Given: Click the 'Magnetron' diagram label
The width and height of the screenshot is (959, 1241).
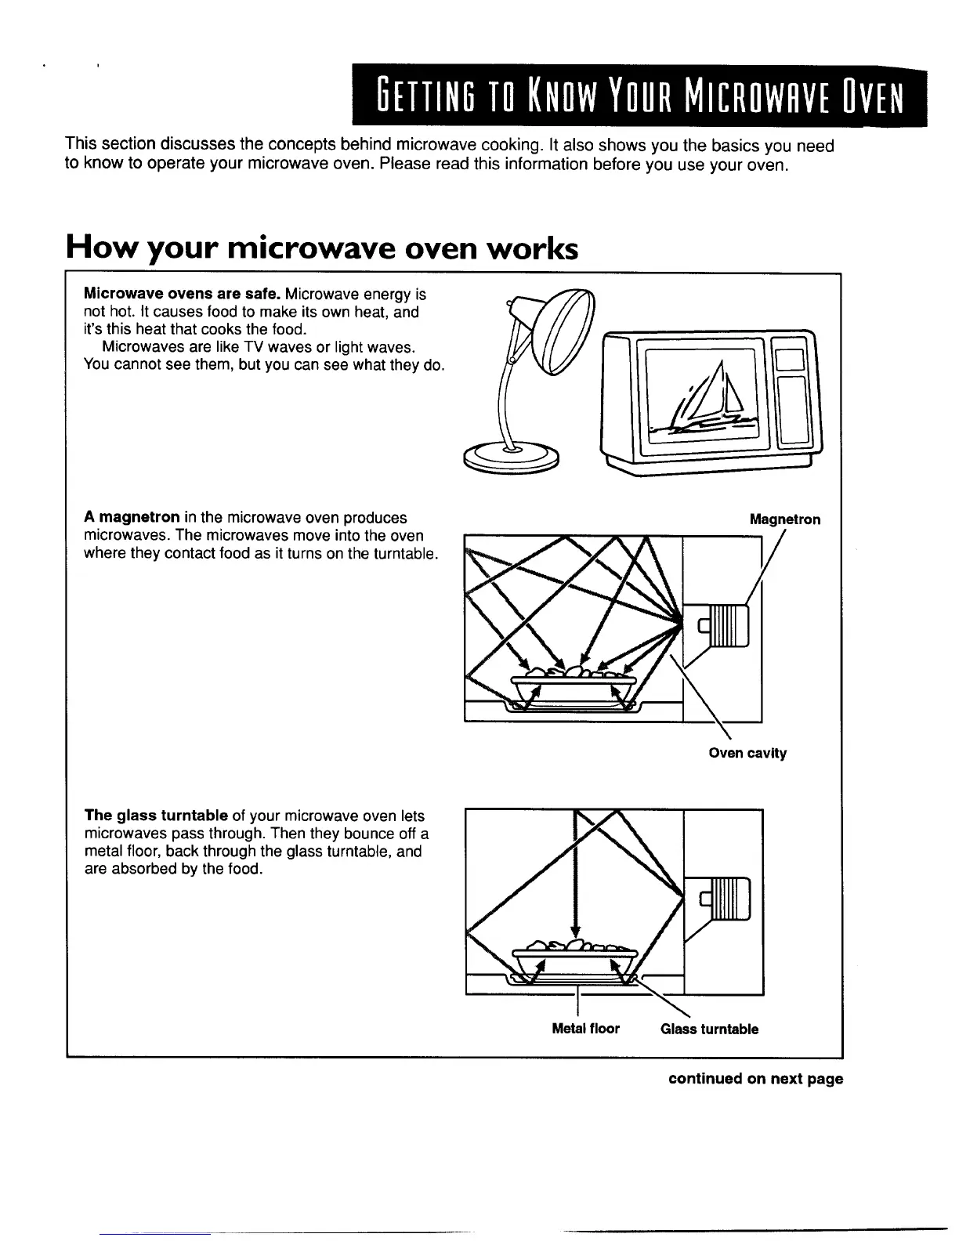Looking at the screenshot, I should (784, 519).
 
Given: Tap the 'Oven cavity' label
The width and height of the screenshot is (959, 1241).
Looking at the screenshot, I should (747, 753).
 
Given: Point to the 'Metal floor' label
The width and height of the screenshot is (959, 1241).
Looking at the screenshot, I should (585, 1029).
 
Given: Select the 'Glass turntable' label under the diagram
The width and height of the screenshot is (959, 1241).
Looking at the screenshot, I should (709, 1029).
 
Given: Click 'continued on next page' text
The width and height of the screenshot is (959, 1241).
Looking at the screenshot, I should (755, 1079).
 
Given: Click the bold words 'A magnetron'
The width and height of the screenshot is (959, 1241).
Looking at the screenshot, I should (132, 518).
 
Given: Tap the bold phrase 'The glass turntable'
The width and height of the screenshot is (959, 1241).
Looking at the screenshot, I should (156, 815).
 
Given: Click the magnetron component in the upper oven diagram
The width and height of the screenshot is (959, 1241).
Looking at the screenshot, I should (722, 627).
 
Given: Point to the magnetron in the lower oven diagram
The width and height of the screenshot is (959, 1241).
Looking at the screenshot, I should (723, 898).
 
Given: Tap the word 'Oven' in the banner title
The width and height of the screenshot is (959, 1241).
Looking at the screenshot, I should (872, 96).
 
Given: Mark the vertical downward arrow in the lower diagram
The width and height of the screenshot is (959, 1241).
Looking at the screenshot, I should (575, 877).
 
